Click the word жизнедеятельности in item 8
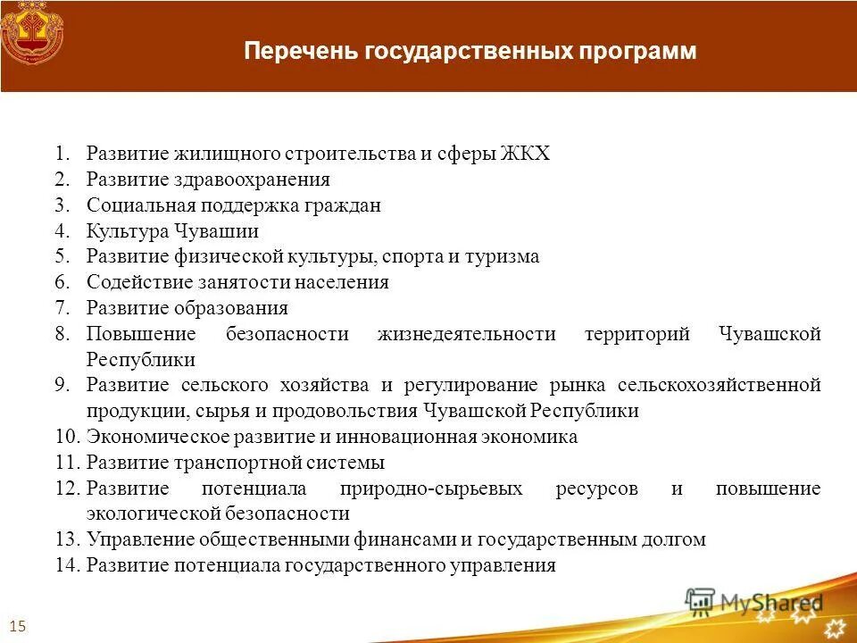pos(466,335)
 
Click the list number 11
pos(66,463)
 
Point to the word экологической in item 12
pos(151,514)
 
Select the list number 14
pos(66,566)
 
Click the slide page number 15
pos(17,625)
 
